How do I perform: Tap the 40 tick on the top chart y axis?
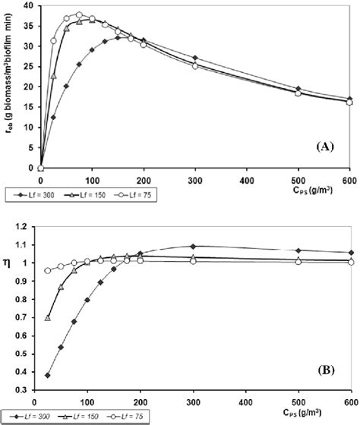[x=27, y=7]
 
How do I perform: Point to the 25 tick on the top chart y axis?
[x=27, y=67]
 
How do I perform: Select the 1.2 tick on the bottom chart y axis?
[x=23, y=226]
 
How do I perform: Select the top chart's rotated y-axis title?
[x=8, y=83]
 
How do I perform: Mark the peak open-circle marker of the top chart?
[x=79, y=15]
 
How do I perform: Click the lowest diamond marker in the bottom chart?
[x=48, y=375]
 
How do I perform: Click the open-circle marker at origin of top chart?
[x=40, y=168]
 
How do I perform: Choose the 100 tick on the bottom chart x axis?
[x=88, y=402]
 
